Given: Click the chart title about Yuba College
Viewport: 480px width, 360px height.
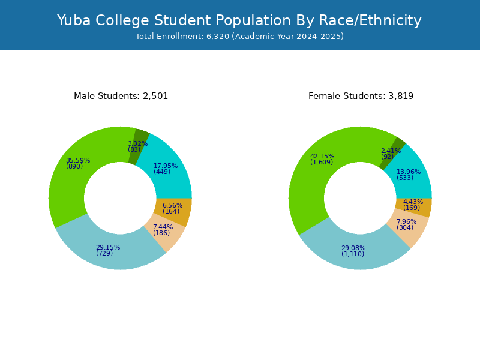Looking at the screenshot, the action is pyautogui.click(x=239, y=20).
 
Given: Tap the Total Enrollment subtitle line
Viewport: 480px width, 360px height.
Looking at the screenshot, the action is pyautogui.click(x=239, y=37).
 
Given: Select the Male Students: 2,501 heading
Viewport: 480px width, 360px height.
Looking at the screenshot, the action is pyautogui.click(x=121, y=96).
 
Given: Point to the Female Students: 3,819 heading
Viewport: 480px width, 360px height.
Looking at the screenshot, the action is pyautogui.click(x=361, y=96).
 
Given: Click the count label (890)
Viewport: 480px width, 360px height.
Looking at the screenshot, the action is pyautogui.click(x=74, y=166).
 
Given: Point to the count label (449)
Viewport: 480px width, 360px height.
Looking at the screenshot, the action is pyautogui.click(x=162, y=172).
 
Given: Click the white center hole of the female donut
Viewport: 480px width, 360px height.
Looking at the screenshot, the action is pyautogui.click(x=360, y=198).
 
